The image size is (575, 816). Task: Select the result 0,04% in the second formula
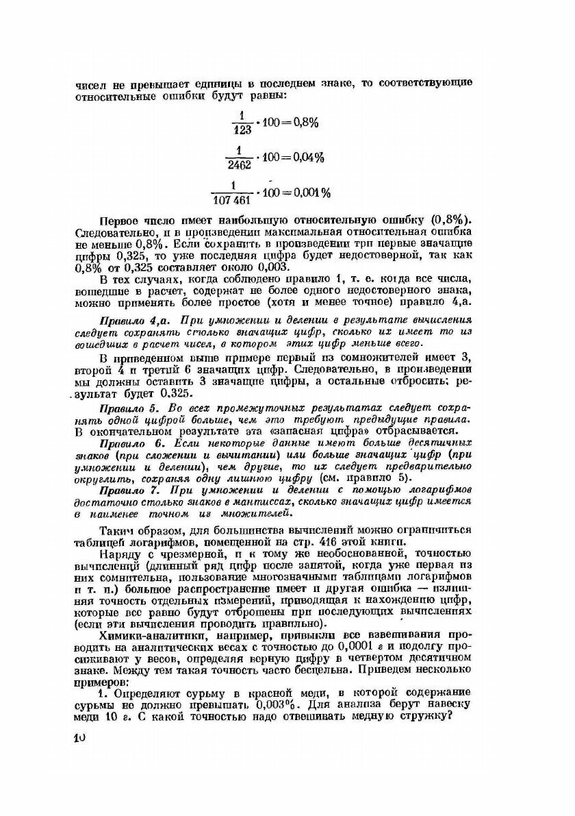[305, 157]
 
